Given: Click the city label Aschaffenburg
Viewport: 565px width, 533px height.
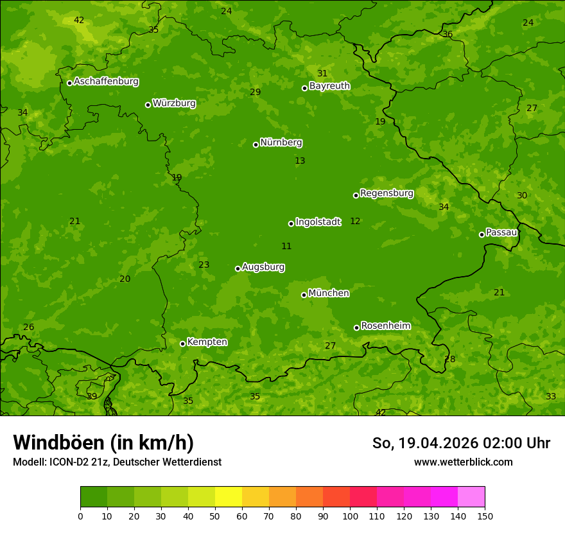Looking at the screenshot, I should (106, 82).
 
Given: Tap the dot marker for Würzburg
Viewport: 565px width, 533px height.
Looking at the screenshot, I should (148, 105).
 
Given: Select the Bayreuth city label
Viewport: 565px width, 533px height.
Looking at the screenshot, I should (329, 86).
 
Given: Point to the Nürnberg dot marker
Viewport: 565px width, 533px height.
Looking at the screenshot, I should (256, 144).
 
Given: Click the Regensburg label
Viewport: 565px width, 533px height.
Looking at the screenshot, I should (387, 193).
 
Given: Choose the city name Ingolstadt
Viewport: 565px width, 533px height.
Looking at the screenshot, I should (318, 222).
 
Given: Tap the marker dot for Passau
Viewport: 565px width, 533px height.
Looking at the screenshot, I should (482, 234).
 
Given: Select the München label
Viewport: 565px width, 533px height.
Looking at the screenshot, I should (329, 293).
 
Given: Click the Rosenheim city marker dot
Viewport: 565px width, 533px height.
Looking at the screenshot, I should (356, 328).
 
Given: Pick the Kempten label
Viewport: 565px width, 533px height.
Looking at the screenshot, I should (207, 342).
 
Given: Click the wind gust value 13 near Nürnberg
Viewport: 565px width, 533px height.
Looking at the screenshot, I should (300, 161).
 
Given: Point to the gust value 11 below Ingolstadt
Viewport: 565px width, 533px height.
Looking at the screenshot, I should (286, 247).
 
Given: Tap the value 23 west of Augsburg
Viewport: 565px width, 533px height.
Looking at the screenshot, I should (204, 265).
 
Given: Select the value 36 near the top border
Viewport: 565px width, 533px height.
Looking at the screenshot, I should (448, 35).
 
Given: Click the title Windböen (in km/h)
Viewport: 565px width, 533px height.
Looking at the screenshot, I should (103, 442).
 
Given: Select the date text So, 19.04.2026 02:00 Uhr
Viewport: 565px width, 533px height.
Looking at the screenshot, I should (461, 443).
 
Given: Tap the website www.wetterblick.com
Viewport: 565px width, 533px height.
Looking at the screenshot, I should (463, 462).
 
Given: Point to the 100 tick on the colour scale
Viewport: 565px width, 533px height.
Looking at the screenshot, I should (350, 516).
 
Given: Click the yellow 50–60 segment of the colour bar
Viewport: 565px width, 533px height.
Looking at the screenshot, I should (229, 497).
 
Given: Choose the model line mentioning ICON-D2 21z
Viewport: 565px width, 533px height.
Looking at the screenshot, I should (117, 462).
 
